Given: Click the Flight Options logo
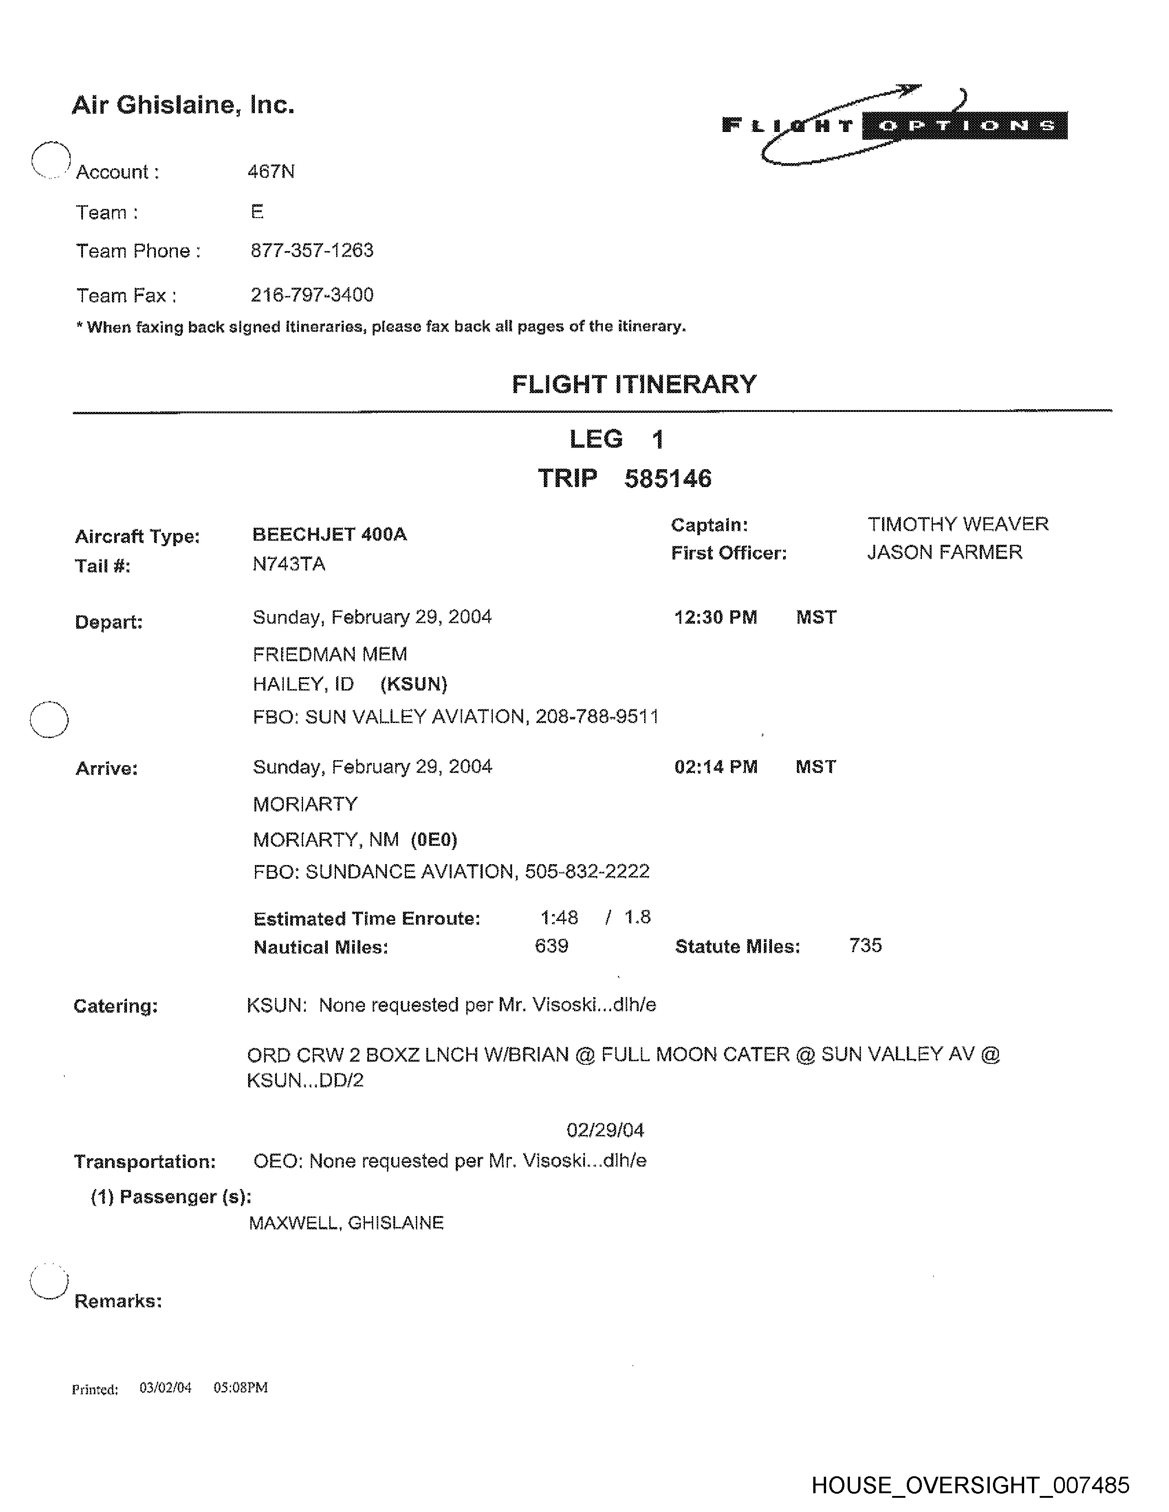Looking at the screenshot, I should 893,125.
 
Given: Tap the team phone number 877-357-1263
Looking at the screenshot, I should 312,251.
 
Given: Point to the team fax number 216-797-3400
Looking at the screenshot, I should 312,295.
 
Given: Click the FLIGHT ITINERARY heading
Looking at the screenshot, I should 634,384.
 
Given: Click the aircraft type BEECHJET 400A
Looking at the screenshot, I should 330,534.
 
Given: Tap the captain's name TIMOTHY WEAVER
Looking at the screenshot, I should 958,524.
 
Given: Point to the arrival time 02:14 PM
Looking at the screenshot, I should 716,767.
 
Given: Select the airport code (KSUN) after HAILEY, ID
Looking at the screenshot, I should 414,685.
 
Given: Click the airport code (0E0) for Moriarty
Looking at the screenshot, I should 434,840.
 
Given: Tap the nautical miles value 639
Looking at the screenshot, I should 551,946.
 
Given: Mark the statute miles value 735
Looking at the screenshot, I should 865,946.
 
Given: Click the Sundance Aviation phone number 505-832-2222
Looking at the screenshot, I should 587,871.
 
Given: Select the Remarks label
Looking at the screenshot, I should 118,1302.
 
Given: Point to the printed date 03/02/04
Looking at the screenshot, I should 165,1387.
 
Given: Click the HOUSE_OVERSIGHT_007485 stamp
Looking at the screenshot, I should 970,1485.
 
